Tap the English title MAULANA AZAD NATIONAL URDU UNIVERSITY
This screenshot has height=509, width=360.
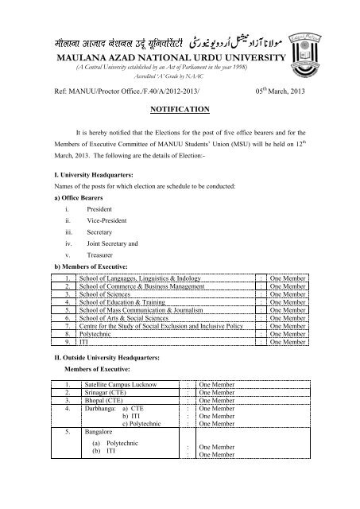179,60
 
